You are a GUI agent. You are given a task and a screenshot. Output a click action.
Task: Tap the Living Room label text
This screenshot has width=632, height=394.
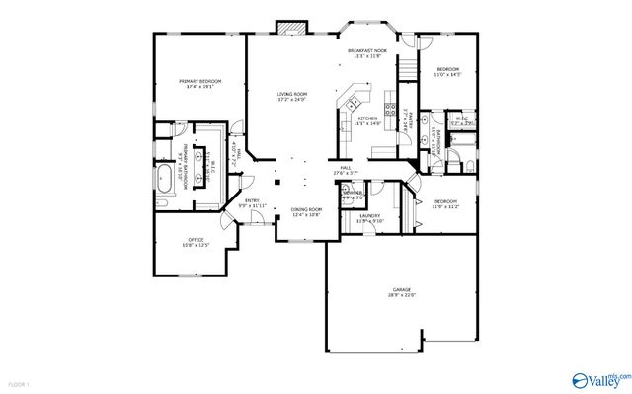tap(292, 94)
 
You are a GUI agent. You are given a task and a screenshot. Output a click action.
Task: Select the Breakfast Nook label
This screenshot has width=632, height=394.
tap(366, 51)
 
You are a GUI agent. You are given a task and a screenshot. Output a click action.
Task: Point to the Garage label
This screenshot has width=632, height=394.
tap(401, 289)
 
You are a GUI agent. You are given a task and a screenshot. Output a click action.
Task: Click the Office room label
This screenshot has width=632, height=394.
tap(195, 240)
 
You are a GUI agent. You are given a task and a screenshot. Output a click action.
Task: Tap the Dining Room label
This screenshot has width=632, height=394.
tap(306, 209)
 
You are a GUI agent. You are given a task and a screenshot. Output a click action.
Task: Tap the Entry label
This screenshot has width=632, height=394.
tap(252, 202)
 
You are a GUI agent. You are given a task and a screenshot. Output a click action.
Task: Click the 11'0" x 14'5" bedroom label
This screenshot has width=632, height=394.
tap(448, 69)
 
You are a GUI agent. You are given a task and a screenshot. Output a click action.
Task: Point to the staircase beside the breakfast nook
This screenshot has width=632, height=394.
tap(404, 66)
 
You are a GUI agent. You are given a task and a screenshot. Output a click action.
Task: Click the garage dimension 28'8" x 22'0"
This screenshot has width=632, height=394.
tap(401, 294)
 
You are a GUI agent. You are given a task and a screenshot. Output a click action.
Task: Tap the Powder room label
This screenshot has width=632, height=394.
tap(352, 193)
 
